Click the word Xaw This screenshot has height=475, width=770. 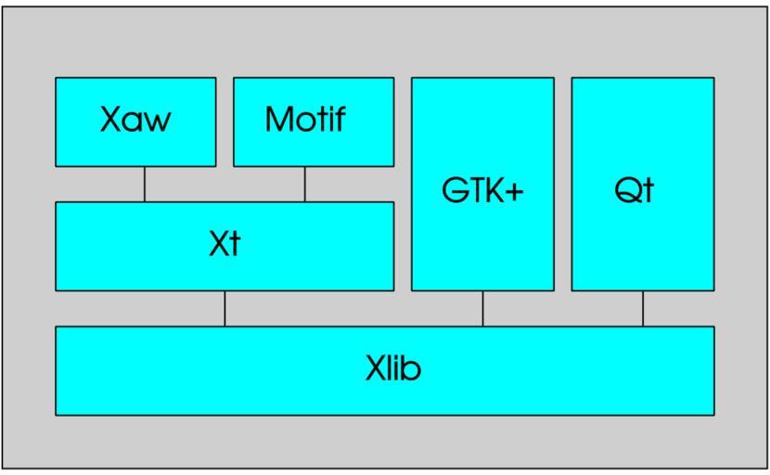click(135, 122)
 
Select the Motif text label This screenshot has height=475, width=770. click(304, 122)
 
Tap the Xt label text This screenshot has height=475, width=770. click(224, 246)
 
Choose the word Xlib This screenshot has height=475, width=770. click(393, 370)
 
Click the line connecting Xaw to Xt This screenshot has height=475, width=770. click(145, 185)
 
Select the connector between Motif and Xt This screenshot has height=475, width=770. click(304, 185)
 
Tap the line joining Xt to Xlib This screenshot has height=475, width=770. click(225, 308)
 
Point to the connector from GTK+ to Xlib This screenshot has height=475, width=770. click(482, 308)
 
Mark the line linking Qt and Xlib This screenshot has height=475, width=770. click(643, 308)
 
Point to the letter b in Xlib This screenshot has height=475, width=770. click(413, 370)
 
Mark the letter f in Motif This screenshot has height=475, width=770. click(340, 121)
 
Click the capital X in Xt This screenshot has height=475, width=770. click(217, 246)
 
